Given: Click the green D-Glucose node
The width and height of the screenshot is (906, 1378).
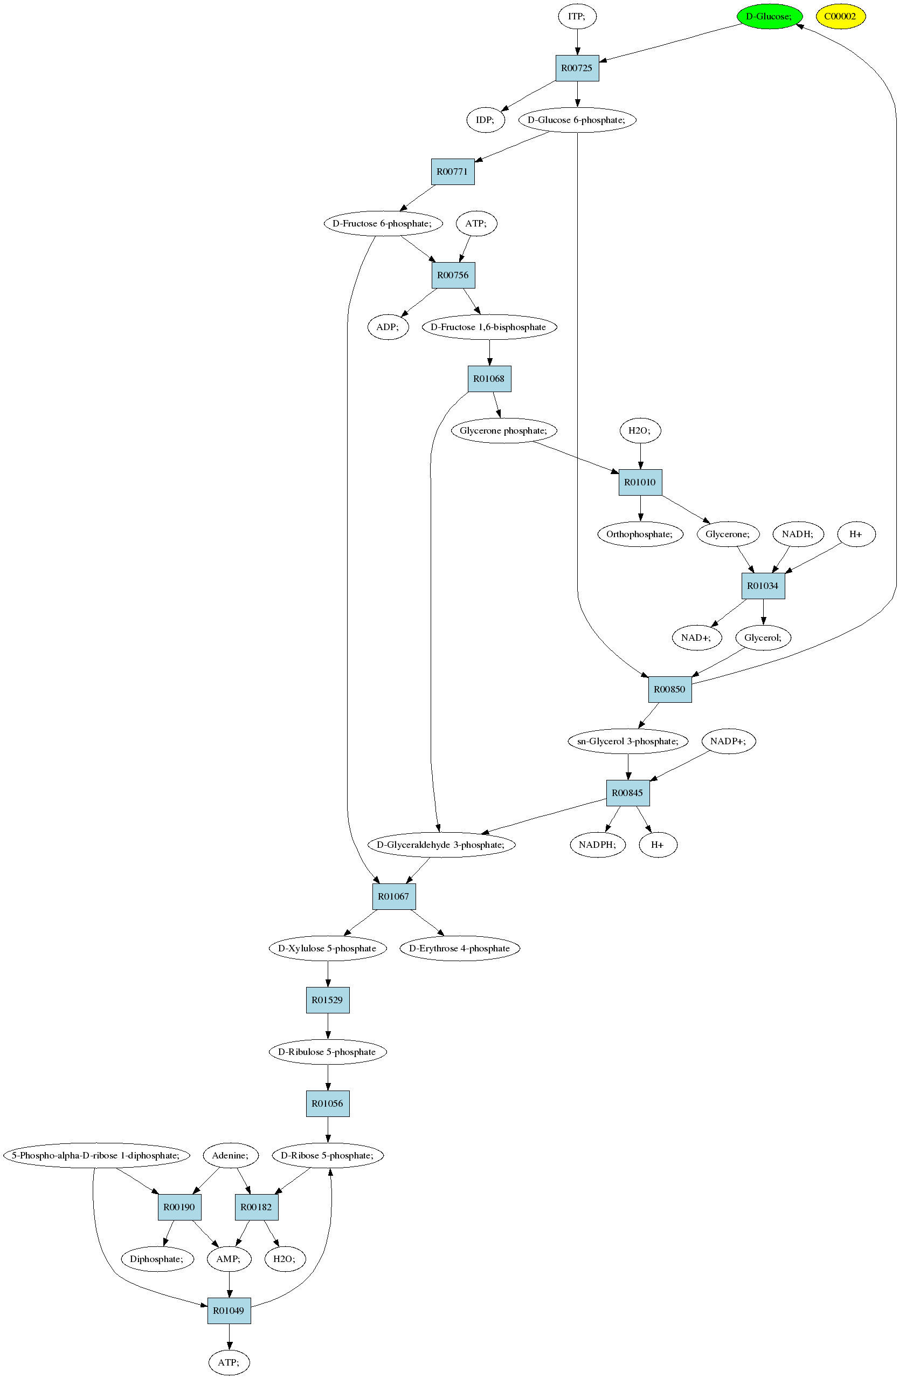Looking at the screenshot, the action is tap(770, 16).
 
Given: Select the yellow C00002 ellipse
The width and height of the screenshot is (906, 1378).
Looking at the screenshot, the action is tap(841, 16).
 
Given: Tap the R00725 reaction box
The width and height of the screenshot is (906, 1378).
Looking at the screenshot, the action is tap(577, 68).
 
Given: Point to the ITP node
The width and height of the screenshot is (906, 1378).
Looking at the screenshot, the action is tap(577, 16).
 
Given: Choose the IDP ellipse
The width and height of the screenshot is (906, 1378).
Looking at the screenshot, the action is tap(486, 120).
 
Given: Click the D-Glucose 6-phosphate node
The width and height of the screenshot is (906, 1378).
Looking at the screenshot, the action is tap(577, 120).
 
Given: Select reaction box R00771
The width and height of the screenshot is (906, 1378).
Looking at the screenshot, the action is tap(452, 172).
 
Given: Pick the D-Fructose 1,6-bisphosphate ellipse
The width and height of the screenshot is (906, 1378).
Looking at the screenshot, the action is tap(489, 327).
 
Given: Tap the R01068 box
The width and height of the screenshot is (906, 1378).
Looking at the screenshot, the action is tap(489, 379).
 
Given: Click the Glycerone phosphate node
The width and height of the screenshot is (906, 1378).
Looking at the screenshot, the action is tap(503, 431).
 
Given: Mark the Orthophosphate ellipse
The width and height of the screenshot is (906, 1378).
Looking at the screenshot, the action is tap(640, 534).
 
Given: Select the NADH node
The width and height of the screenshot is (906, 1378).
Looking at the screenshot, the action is tap(798, 534).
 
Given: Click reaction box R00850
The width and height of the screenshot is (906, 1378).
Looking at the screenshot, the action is tap(669, 690).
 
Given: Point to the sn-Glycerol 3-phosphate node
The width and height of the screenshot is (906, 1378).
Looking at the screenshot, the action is tap(628, 741).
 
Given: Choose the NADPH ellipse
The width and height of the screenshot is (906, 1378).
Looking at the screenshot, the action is tap(598, 845).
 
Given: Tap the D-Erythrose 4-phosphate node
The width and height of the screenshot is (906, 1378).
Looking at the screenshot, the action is tap(460, 948).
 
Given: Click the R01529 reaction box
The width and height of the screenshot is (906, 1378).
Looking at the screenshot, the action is tap(328, 1000).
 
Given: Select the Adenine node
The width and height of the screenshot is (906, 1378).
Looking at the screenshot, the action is tap(230, 1155).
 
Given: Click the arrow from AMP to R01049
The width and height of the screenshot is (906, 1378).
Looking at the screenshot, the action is tap(230, 1285).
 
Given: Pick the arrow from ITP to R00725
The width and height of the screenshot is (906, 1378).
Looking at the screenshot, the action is tap(577, 42).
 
